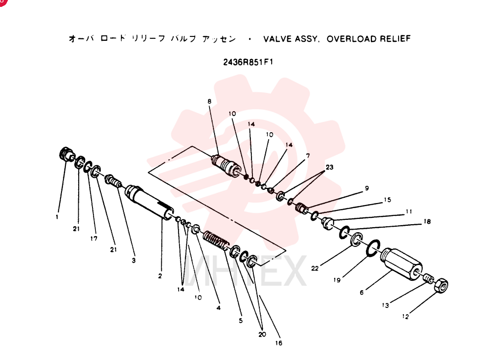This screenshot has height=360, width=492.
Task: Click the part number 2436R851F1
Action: click(x=248, y=62)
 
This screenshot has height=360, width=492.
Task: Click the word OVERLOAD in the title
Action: click(x=351, y=39)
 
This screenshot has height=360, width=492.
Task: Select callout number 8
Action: click(x=209, y=101)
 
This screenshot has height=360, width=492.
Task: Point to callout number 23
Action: click(x=330, y=167)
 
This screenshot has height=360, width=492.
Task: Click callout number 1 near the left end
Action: click(x=57, y=217)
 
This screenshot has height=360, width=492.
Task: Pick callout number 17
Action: click(x=94, y=239)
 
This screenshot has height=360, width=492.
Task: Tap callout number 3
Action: click(x=134, y=260)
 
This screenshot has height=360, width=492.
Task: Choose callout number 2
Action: click(x=160, y=276)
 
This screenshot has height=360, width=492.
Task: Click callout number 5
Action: click(x=241, y=321)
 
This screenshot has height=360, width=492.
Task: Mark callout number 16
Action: click(x=278, y=343)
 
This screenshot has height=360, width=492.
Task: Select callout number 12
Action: click(x=405, y=316)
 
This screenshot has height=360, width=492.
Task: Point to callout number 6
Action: click(x=362, y=292)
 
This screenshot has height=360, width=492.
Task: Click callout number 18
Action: click(x=427, y=221)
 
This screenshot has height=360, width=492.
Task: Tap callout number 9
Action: click(x=367, y=188)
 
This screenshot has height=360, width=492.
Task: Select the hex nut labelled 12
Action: click(x=441, y=285)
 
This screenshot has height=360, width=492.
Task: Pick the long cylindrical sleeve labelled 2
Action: click(x=149, y=203)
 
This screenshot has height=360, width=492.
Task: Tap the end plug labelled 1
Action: click(x=66, y=153)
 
